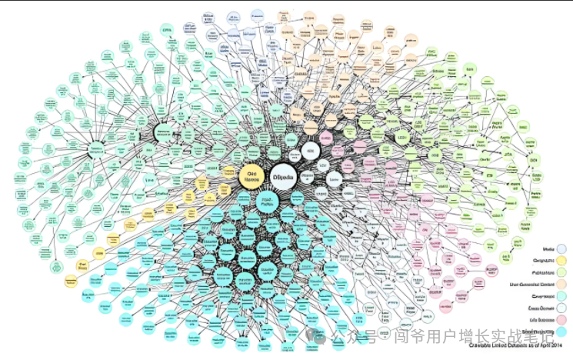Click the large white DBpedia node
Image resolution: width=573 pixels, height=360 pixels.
(x=287, y=175)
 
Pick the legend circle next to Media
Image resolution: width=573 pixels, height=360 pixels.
(x=563, y=249)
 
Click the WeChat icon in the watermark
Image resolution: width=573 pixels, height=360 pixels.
(x=317, y=336)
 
